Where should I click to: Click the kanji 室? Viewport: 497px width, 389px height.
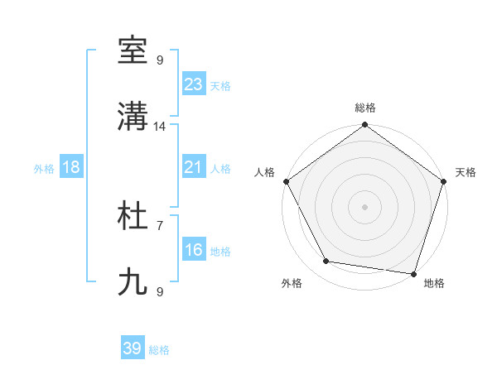[133, 51]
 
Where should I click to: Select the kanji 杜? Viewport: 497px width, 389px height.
[133, 217]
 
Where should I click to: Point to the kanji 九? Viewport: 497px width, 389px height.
[133, 283]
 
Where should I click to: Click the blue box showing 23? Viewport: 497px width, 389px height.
[194, 84]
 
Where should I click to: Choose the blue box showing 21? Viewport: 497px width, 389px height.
[194, 167]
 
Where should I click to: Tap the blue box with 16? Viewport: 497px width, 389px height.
[194, 250]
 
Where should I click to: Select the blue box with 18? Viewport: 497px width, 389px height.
[71, 167]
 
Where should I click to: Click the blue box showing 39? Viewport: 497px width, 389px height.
[133, 348]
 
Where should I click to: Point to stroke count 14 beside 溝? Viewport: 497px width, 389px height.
[160, 127]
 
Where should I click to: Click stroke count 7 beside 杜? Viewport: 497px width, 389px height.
[160, 224]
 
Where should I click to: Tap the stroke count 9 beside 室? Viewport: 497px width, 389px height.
[160, 60]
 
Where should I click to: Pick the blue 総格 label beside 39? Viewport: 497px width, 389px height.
[160, 350]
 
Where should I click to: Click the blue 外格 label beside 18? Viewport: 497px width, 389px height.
[44, 169]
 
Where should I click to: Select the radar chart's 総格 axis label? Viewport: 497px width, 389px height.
[364, 108]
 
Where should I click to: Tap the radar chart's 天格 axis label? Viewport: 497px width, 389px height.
[466, 172]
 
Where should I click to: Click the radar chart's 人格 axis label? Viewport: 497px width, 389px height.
[264, 172]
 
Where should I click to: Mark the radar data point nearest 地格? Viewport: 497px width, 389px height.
[413, 273]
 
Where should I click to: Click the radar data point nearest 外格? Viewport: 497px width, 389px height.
[326, 262]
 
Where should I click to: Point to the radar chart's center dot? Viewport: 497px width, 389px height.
[364, 206]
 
